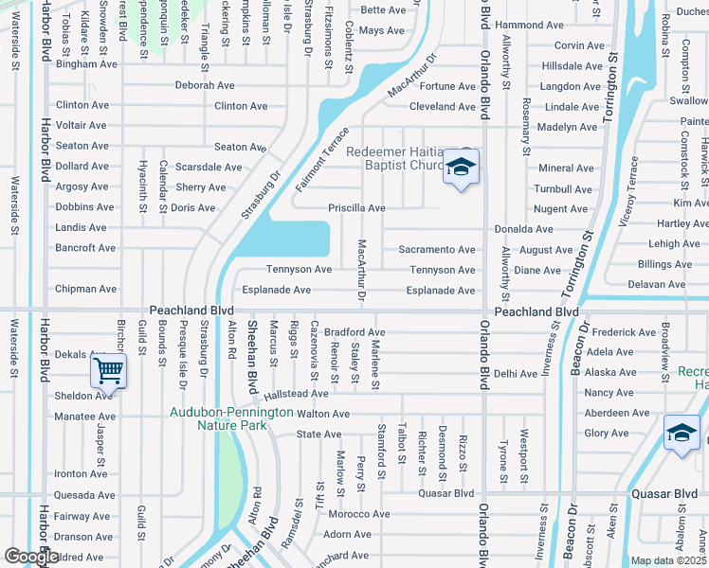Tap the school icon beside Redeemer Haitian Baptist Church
[x=461, y=167]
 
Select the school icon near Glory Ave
[x=681, y=433]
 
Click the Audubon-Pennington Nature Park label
[x=231, y=418]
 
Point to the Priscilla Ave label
[x=356, y=208]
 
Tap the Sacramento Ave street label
[x=437, y=249]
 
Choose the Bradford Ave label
[x=354, y=333]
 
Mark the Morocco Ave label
[x=359, y=514]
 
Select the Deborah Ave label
[x=204, y=85]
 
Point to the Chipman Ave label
[x=85, y=289]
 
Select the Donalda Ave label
[x=523, y=229]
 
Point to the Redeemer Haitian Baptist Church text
[x=395, y=158]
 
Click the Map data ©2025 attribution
[x=669, y=560]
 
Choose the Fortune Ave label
[x=447, y=86]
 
